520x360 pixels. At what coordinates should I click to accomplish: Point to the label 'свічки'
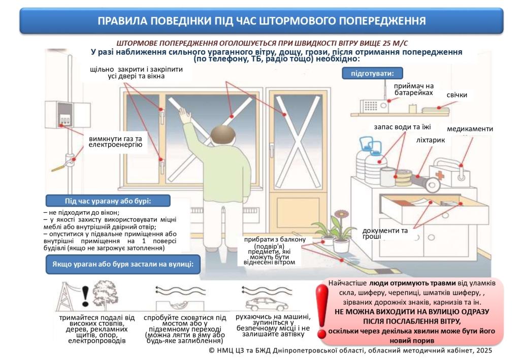(457, 95)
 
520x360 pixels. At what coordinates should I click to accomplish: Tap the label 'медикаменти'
(469, 129)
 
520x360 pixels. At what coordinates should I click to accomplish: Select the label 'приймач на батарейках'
(414, 89)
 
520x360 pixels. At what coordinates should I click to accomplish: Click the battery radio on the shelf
(374, 106)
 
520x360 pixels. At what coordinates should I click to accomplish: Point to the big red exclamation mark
(321, 310)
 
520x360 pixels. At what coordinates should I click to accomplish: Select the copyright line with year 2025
(350, 351)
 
